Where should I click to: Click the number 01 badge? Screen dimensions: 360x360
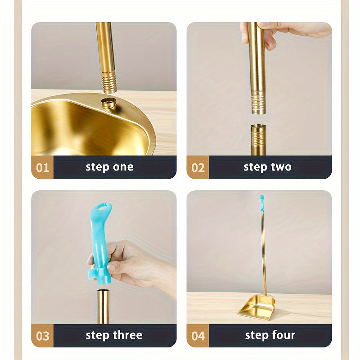pyautogui.click(x=42, y=167)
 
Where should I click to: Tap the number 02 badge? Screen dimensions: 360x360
pyautogui.click(x=198, y=167)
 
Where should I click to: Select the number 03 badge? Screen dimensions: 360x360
pyautogui.click(x=42, y=335)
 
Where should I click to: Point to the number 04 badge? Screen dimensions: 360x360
pyautogui.click(x=198, y=335)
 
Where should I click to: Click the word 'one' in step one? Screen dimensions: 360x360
pyautogui.click(x=123, y=167)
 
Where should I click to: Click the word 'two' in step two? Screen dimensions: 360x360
pyautogui.click(x=281, y=167)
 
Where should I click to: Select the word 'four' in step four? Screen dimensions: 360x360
pyautogui.click(x=283, y=335)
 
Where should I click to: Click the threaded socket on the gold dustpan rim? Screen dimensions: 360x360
pyautogui.click(x=108, y=103)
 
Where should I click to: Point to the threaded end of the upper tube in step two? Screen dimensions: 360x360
pyautogui.click(x=258, y=101)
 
